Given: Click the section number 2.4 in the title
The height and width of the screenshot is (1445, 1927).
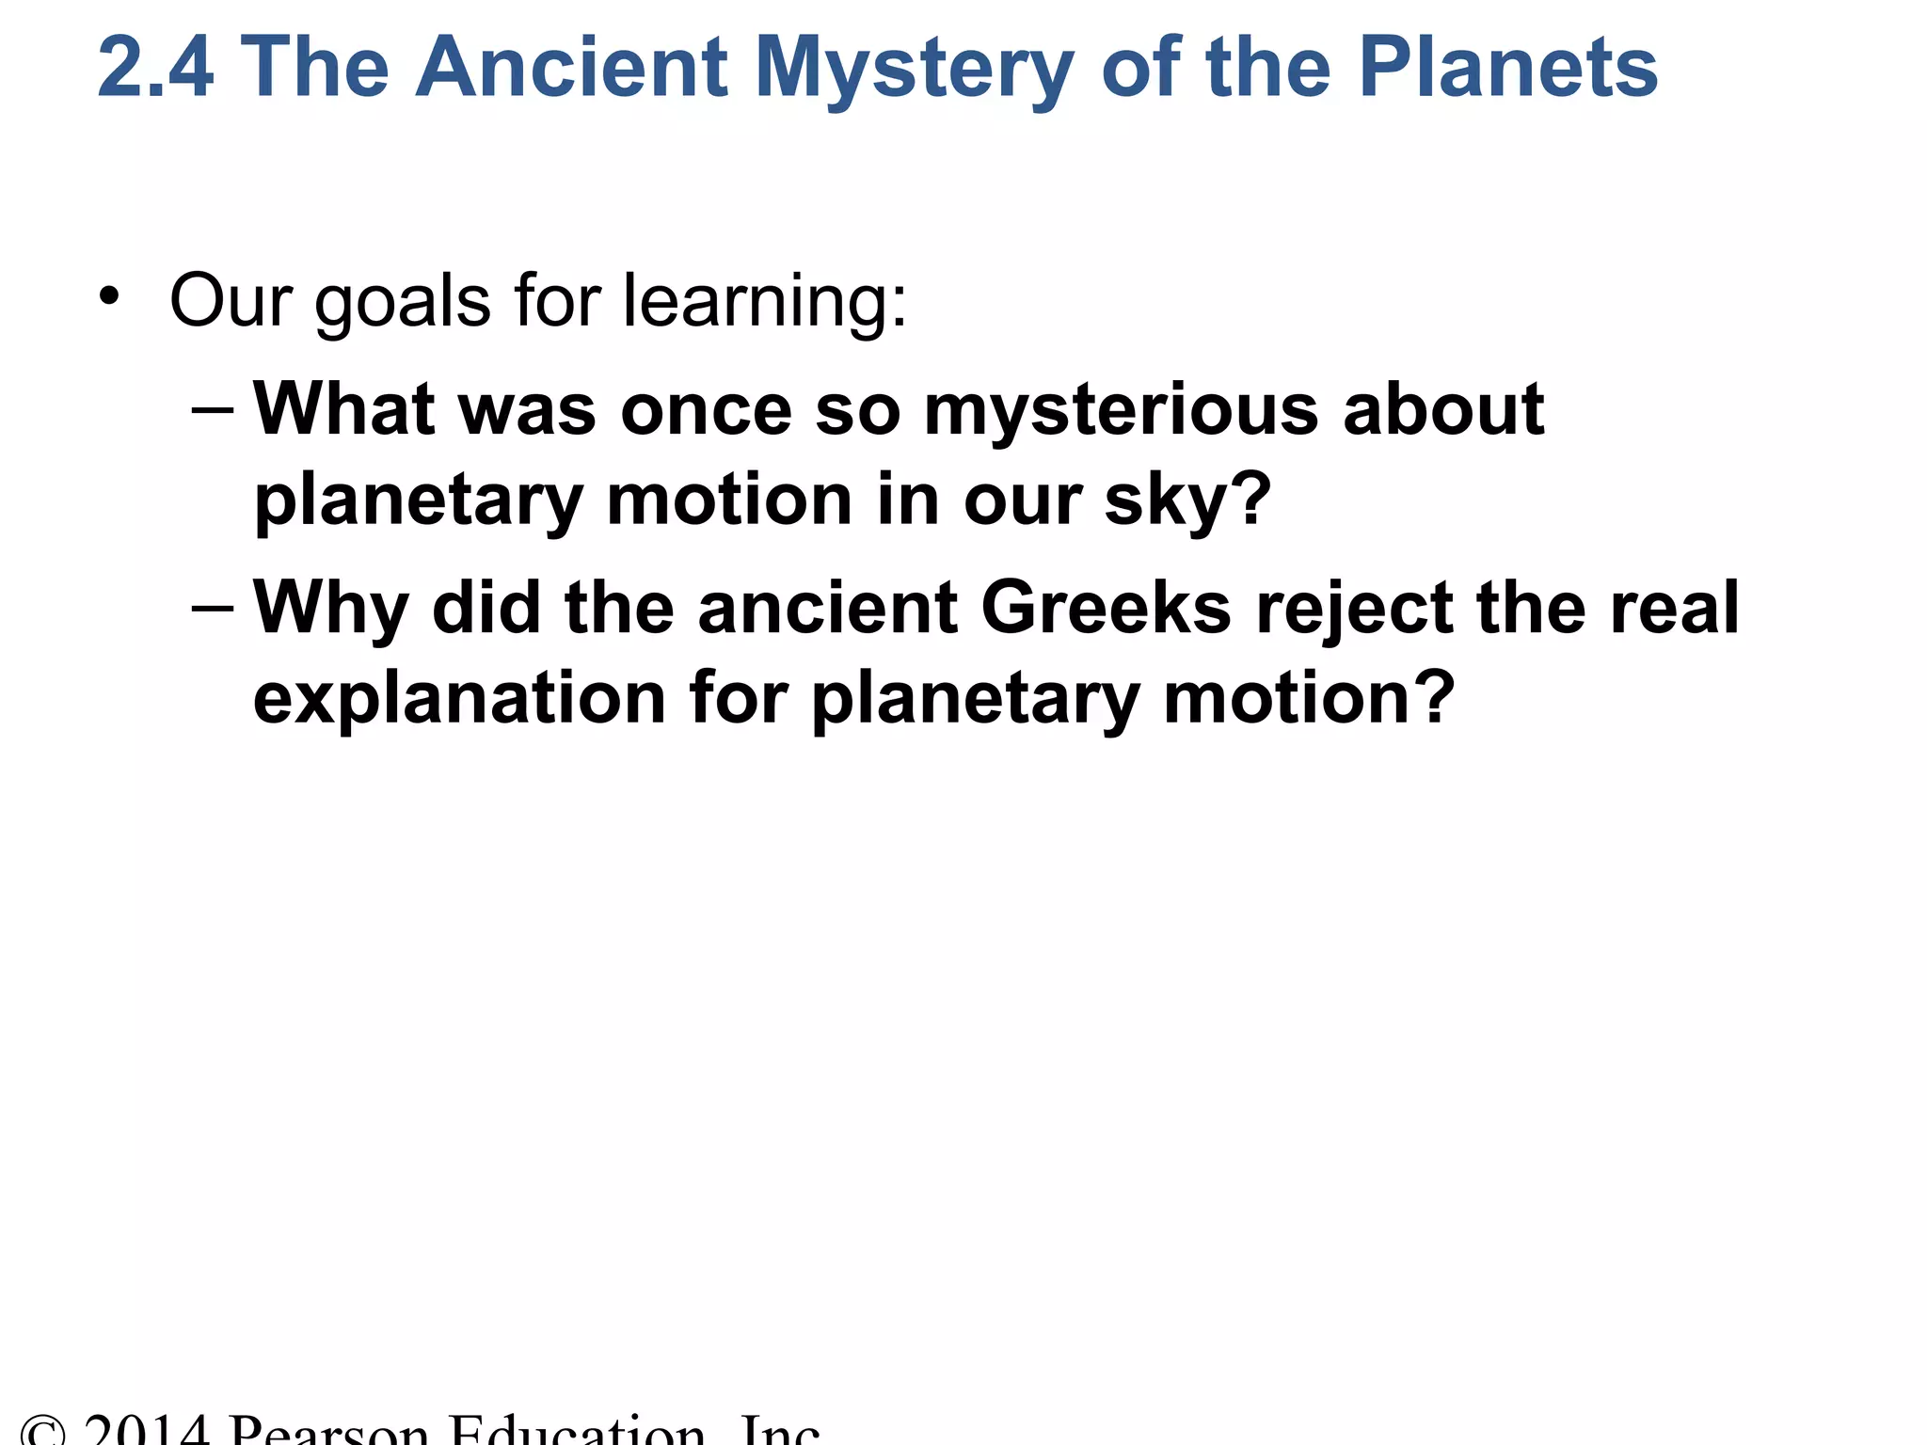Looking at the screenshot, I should click(x=155, y=68).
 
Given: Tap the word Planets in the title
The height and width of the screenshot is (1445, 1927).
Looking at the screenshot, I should click(x=1507, y=68).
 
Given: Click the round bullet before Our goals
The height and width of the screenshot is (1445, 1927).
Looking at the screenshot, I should click(x=110, y=296).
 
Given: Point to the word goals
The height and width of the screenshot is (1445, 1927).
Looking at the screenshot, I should click(x=402, y=303).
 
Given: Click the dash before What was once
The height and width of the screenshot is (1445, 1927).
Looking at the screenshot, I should click(x=212, y=410).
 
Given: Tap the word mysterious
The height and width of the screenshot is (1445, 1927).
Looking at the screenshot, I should click(x=1121, y=412).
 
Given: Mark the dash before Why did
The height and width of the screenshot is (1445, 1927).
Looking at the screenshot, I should click(x=212, y=608).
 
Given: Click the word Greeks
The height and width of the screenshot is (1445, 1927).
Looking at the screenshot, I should click(x=1106, y=608).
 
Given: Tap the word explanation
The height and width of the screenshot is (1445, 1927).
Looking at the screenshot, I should click(x=459, y=699).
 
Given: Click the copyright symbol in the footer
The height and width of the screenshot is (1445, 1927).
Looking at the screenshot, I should click(x=43, y=1432).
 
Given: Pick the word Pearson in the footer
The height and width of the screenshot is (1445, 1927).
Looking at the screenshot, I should click(x=328, y=1432).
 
